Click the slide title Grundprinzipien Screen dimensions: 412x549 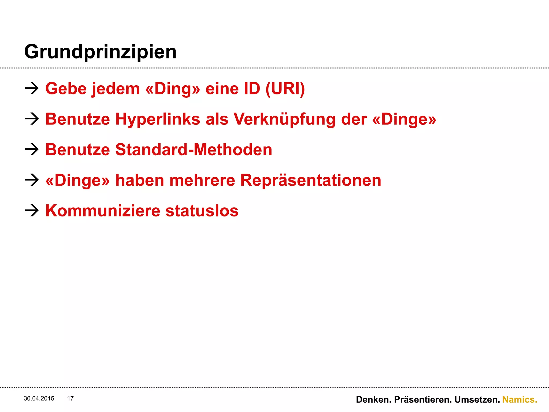coord(100,52)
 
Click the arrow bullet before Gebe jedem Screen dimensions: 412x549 coord(32,88)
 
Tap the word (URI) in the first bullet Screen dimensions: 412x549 coord(285,89)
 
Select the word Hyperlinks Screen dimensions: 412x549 coord(158,119)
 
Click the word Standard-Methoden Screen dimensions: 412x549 coord(194,150)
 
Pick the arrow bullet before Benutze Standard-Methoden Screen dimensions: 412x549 coord(32,149)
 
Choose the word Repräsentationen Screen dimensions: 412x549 coord(311,180)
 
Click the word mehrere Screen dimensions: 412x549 coord(202,180)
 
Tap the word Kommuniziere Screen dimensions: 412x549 coord(103,211)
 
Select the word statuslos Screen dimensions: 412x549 coord(202,211)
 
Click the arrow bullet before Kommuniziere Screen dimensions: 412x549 coord(32,210)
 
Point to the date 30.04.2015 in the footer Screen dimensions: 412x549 coord(39,399)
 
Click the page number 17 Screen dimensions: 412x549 coord(70,399)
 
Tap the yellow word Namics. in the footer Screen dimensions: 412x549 coord(520,400)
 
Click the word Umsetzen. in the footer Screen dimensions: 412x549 coord(477,400)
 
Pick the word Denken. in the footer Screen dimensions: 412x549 coord(374,400)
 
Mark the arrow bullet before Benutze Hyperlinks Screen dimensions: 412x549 coord(32,119)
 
